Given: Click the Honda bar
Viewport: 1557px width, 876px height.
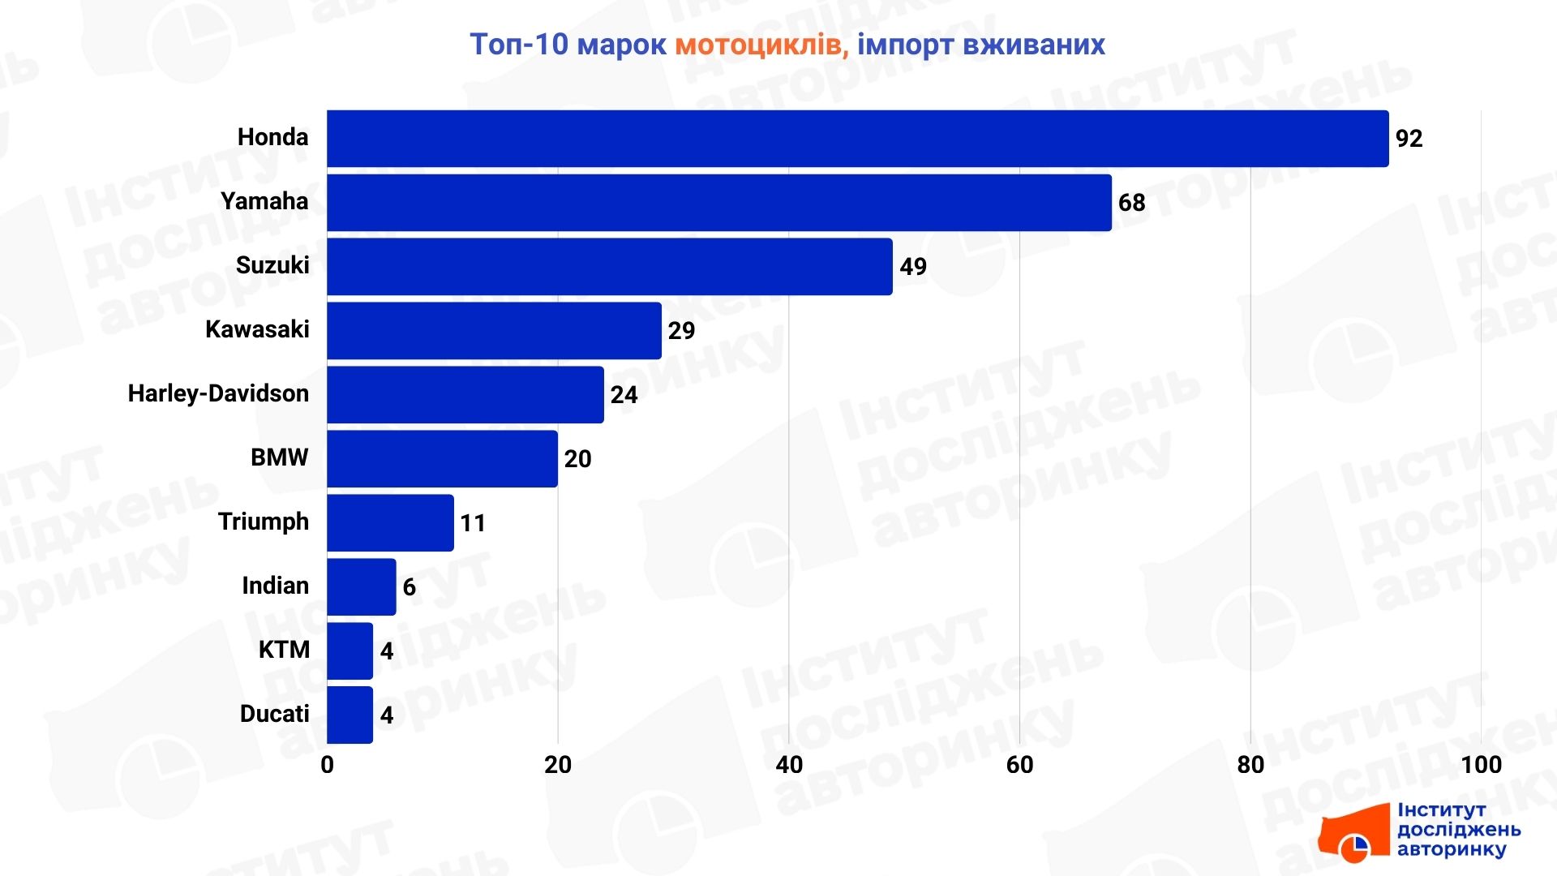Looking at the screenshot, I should (x=857, y=139).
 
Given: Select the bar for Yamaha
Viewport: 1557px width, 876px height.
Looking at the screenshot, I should (x=718, y=203).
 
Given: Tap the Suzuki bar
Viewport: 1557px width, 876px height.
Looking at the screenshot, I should (x=609, y=267).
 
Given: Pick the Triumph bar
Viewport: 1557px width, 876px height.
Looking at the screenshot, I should (x=390, y=523).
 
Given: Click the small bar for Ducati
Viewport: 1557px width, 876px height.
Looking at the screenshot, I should (x=350, y=715).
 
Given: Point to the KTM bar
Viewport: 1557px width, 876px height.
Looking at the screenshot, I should (x=350, y=651).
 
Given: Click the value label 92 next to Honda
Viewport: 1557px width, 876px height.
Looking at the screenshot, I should (x=1409, y=139).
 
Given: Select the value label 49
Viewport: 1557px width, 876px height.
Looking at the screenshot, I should (x=912, y=267).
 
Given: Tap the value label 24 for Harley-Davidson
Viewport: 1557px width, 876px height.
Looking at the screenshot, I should (x=624, y=395).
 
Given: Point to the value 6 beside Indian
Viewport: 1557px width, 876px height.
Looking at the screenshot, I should (x=409, y=587).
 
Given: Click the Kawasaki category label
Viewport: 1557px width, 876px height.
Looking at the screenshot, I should (x=257, y=329).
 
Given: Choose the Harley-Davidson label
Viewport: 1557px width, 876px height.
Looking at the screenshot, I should (x=218, y=393).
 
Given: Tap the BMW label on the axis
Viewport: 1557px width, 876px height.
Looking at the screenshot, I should (x=279, y=457).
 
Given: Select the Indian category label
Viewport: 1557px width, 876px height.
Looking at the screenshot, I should (x=275, y=586).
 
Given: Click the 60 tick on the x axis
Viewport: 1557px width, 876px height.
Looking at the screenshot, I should (x=1019, y=765).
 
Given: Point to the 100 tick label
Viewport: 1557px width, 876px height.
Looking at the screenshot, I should (x=1481, y=765).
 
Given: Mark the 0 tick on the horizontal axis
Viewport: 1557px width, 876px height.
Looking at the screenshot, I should (x=327, y=765).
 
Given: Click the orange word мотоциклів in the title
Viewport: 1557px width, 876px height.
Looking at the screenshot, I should (x=761, y=45).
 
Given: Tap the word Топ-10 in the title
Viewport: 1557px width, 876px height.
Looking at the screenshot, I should (x=519, y=45).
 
